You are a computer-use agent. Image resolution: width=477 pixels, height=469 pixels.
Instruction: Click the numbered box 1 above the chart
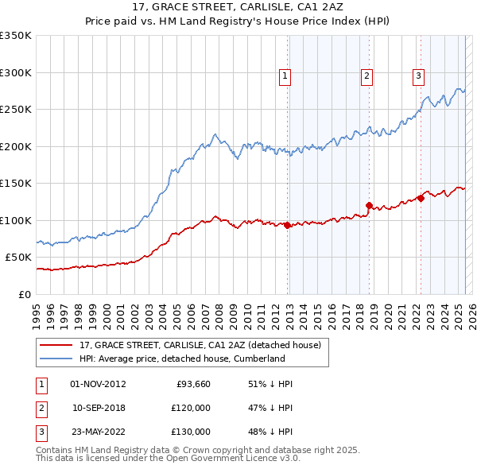click(285, 76)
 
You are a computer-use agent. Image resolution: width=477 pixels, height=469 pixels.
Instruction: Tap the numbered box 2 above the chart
click(366, 76)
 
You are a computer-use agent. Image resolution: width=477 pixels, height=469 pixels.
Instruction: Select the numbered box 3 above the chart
click(418, 76)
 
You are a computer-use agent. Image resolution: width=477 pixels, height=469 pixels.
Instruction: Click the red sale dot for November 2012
click(287, 225)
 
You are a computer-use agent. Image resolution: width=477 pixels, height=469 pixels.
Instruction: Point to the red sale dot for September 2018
click(369, 205)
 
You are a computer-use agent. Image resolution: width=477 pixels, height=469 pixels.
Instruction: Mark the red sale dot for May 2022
click(421, 198)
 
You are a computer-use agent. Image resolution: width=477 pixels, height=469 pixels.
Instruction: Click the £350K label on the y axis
click(16, 36)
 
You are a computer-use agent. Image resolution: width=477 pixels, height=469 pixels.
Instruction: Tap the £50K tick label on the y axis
click(18, 258)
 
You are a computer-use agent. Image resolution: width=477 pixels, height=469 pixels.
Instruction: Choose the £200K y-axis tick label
click(16, 146)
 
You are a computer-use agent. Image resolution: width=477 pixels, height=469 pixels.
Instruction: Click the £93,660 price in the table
click(192, 384)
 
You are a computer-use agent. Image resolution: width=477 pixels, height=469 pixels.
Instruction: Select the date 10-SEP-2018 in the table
click(99, 408)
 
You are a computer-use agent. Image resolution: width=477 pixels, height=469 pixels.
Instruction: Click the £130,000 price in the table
click(190, 432)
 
